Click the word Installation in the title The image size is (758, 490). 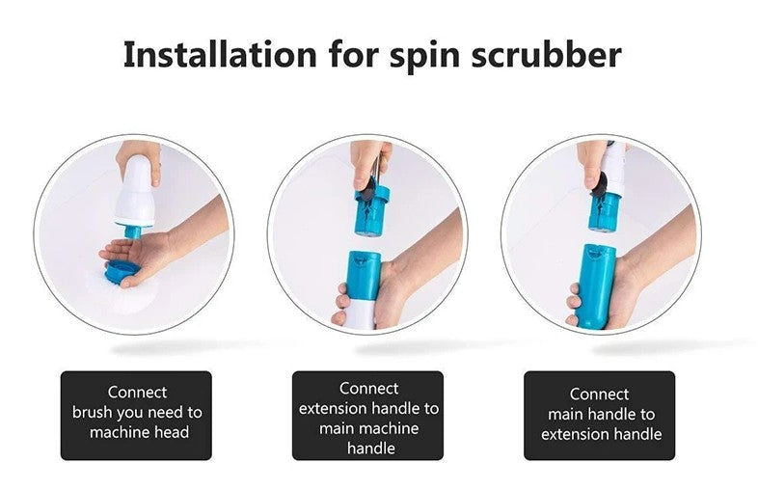click(x=220, y=54)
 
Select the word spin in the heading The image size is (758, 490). click(x=424, y=57)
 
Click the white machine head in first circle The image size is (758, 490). click(x=135, y=193)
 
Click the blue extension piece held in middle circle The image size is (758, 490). click(x=371, y=213)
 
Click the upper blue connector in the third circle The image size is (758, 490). click(x=604, y=211)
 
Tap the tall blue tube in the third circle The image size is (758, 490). click(x=598, y=286)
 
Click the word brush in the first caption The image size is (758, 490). click(x=95, y=413)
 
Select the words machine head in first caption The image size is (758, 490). click(x=139, y=432)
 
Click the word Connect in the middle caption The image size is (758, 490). click(x=368, y=388)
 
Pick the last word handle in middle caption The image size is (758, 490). click(x=370, y=449)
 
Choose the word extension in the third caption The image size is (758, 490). click(x=576, y=434)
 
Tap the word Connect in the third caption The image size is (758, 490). click(x=600, y=394)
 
